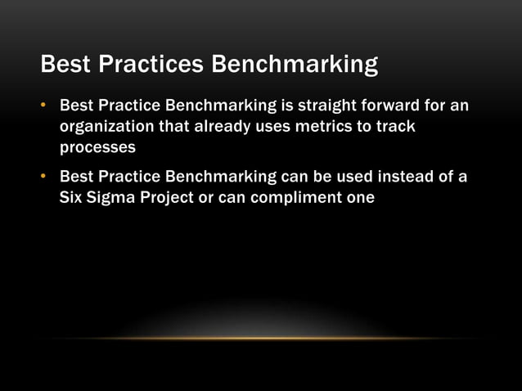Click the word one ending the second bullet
click(x=359, y=197)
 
